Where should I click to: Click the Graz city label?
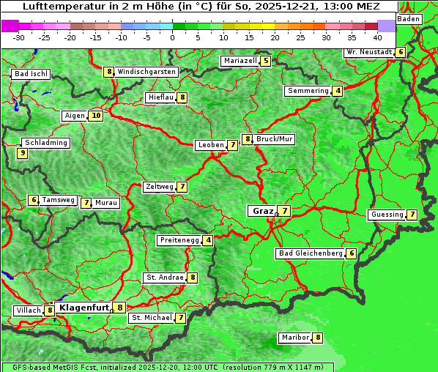pos(261,211)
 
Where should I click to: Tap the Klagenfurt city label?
pos(83,308)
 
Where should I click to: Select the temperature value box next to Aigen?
pos(96,116)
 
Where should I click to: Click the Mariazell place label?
pos(240,61)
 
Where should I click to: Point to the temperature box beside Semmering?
pos(337,91)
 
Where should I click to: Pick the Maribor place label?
pos(294,338)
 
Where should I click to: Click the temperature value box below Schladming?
pos(22,153)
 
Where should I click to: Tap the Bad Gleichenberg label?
pos(311,253)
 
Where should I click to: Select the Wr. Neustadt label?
pos(368,53)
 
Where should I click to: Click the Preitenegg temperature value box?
pos(208,240)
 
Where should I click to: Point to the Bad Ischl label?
pos(31,74)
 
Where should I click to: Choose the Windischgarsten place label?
pos(146,72)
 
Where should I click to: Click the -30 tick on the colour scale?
pos(19,37)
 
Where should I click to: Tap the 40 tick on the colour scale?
pos(377,37)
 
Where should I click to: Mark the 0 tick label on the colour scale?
pos(173,37)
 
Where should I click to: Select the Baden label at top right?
pos(409,18)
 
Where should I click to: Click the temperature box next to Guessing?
pos(412,215)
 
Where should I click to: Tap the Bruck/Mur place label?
pos(275,138)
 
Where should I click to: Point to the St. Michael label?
pos(151,318)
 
